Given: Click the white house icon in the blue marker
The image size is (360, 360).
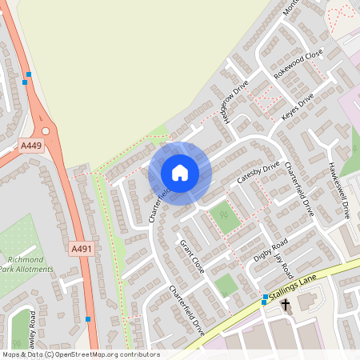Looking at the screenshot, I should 179,173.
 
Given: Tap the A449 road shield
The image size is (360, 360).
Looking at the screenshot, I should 31,145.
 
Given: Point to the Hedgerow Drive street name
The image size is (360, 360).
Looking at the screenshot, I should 237,103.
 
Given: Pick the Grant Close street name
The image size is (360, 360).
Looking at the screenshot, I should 192,256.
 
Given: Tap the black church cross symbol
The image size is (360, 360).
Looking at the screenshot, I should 285,306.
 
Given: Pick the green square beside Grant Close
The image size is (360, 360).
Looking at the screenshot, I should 226,283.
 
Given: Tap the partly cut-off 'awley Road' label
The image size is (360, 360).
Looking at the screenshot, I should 32,328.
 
